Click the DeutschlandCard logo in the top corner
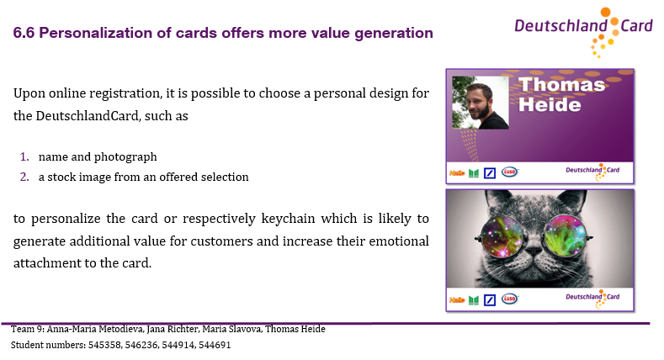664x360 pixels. [583, 32]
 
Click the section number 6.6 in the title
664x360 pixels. [24, 33]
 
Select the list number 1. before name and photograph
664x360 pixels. [24, 157]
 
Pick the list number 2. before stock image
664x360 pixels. [24, 177]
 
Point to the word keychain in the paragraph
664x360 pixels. [288, 219]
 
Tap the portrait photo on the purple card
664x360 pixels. [481, 103]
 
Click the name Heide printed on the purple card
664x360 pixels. [550, 104]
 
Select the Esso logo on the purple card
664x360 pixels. [510, 172]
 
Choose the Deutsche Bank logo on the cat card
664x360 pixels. [490, 300]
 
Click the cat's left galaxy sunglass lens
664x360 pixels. [502, 236]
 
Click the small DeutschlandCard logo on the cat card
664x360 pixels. [592, 299]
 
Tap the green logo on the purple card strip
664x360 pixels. [474, 173]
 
